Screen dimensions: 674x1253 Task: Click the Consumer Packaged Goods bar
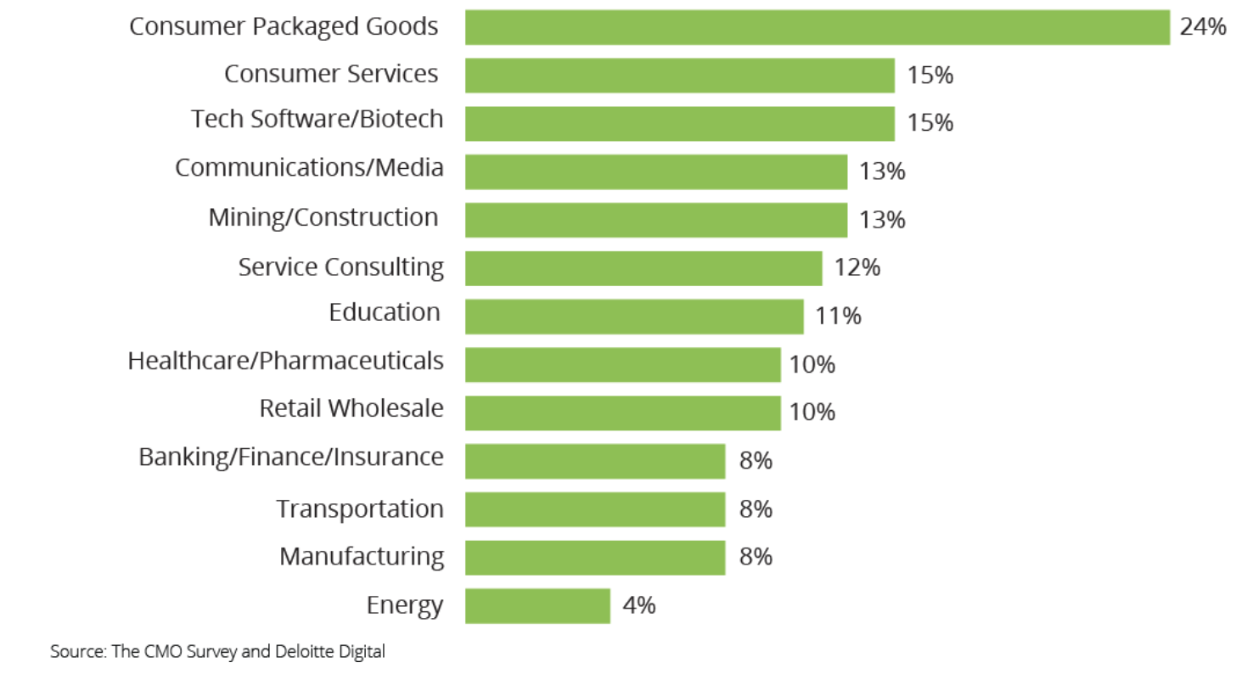(x=817, y=27)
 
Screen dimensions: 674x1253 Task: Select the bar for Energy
(x=537, y=606)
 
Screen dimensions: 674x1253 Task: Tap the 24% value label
(x=1203, y=27)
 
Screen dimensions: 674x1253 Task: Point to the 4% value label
(x=638, y=606)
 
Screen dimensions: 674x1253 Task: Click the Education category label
(x=385, y=312)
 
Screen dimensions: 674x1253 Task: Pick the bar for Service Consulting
(x=643, y=268)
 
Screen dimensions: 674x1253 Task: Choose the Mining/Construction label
(x=323, y=217)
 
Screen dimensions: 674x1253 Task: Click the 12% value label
(x=857, y=268)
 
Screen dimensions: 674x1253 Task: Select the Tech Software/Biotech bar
(x=679, y=123)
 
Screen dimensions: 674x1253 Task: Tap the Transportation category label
(x=360, y=509)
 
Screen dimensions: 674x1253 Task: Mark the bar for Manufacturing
(x=595, y=558)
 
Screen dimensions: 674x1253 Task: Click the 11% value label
(x=838, y=317)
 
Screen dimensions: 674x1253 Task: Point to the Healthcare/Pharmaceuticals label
(x=285, y=361)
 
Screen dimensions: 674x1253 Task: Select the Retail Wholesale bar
(x=622, y=413)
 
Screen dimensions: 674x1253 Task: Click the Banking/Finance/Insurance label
(x=291, y=458)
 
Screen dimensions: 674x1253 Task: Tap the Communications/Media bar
(x=656, y=171)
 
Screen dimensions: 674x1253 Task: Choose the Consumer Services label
(x=331, y=74)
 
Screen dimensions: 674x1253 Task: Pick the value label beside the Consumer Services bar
(x=930, y=76)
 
